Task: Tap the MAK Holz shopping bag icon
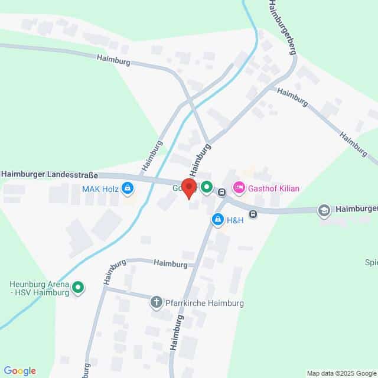click(x=128, y=189)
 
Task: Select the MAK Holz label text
click(x=100, y=189)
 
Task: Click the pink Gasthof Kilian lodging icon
click(x=239, y=188)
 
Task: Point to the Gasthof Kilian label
click(x=274, y=188)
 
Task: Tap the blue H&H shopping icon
click(x=217, y=220)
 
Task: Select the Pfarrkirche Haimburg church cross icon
click(x=157, y=302)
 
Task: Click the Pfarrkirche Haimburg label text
click(x=204, y=303)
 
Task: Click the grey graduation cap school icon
click(x=324, y=210)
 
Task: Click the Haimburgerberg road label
click(x=281, y=26)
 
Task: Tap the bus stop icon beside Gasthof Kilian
click(x=221, y=192)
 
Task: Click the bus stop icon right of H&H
click(x=253, y=214)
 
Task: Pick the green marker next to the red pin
click(x=206, y=188)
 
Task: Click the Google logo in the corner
click(x=19, y=371)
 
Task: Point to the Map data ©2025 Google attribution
click(x=341, y=373)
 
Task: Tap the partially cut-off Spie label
click(x=372, y=262)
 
